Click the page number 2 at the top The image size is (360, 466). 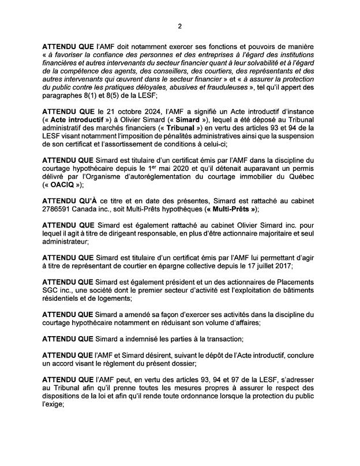click(179, 26)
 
